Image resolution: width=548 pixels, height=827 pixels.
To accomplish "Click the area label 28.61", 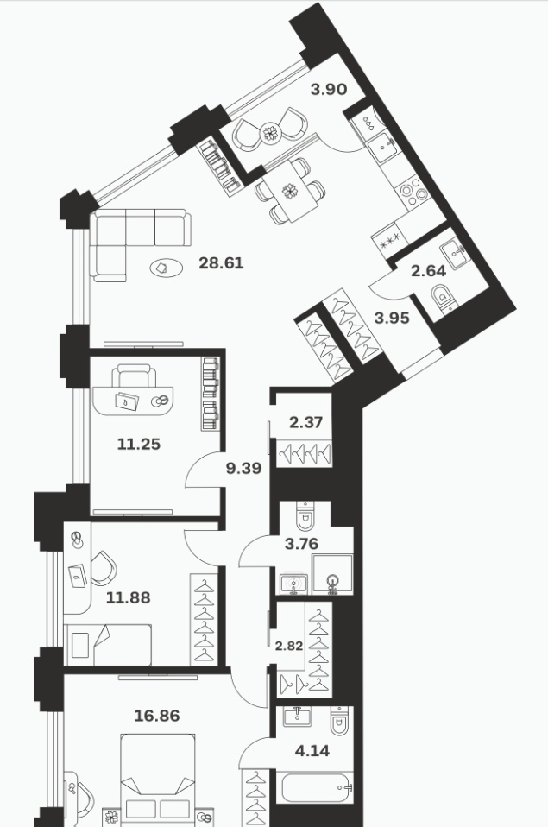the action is [221, 262].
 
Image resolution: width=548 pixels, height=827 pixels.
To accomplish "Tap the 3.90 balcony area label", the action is [329, 90].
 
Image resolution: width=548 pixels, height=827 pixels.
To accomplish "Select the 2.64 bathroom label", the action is [428, 271].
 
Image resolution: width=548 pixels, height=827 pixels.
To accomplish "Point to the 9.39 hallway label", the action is [243, 468].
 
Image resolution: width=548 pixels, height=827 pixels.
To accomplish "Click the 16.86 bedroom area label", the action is [157, 716].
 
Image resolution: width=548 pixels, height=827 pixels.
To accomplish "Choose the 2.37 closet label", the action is [305, 422].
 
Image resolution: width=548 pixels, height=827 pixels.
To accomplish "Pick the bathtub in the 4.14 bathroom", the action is [317, 788].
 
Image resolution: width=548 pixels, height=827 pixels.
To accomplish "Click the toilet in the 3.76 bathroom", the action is [305, 515].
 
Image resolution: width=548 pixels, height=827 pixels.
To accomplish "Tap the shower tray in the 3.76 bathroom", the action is [332, 574].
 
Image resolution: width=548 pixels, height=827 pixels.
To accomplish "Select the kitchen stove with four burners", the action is [413, 191].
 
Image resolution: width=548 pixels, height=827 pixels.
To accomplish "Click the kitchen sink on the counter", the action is [384, 146].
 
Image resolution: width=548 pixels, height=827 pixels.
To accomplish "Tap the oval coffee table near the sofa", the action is [167, 268].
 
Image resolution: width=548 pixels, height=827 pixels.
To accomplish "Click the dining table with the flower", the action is [291, 191].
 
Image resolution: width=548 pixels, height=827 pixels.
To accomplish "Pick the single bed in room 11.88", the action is [108, 645].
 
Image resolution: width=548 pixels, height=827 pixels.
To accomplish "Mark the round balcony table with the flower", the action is [271, 132].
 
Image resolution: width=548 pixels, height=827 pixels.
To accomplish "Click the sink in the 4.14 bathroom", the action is [297, 717].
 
